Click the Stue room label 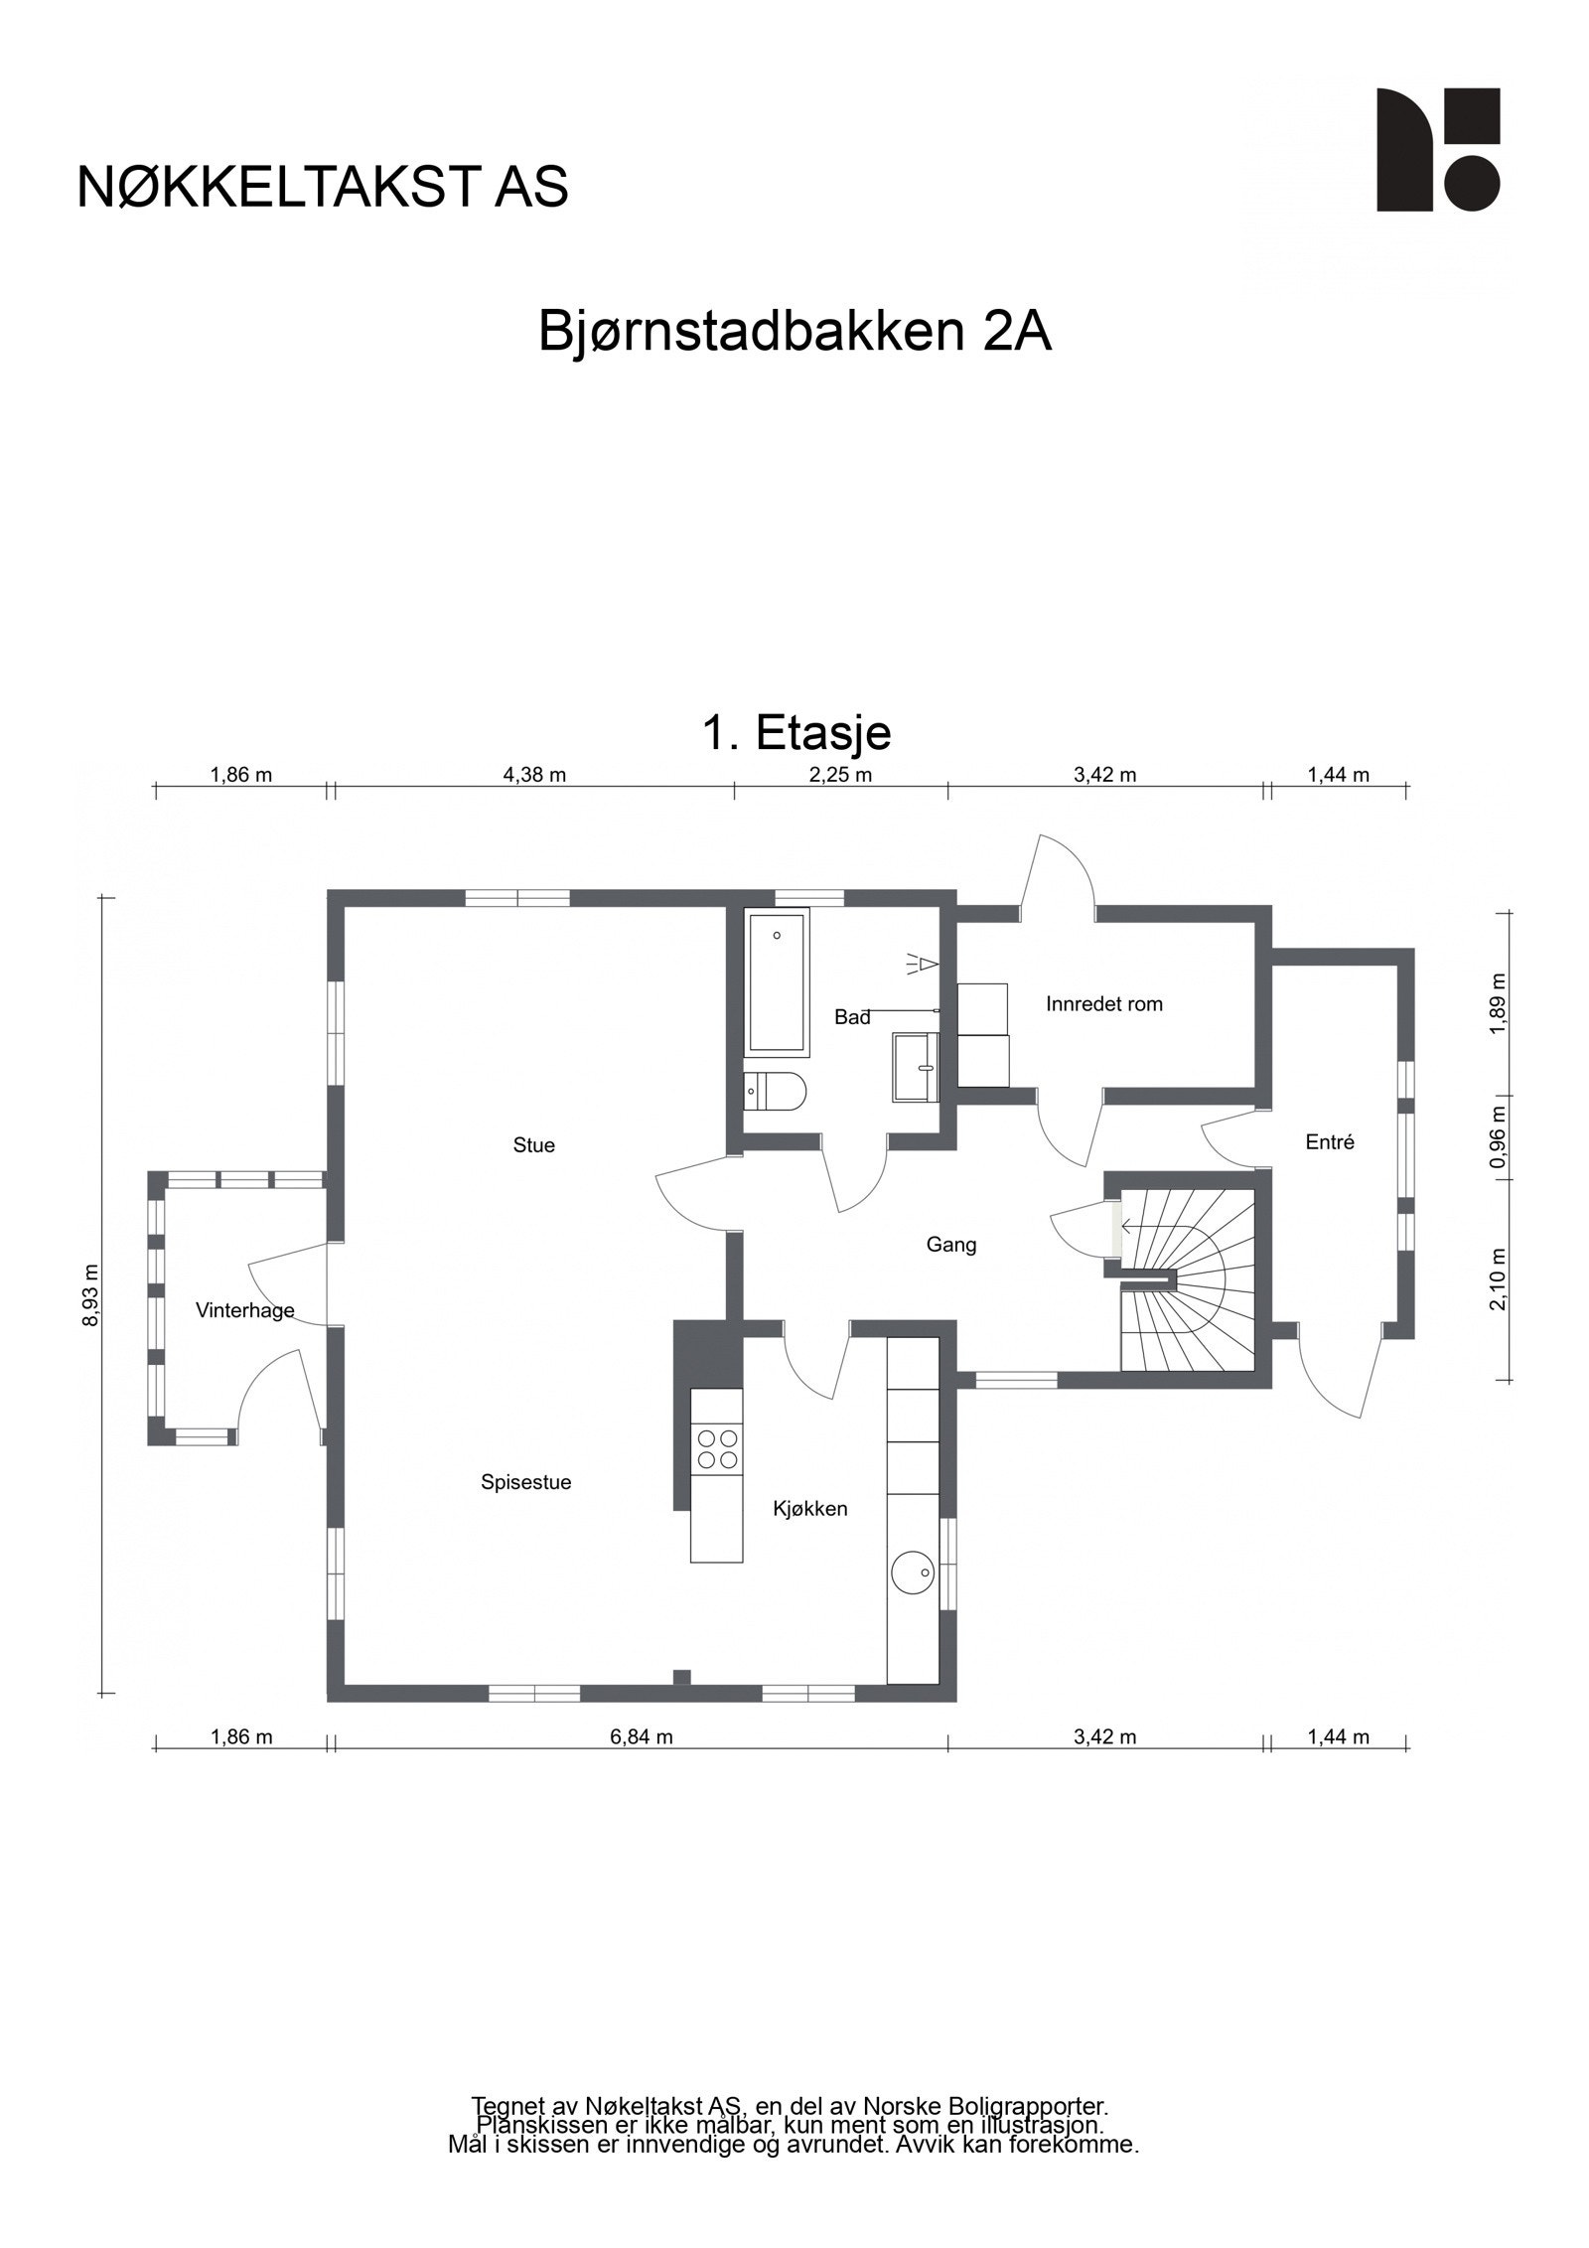coord(533,1145)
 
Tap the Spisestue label coord(525,1482)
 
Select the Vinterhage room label coord(244,1310)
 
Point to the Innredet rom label coord(1103,1004)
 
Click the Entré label coord(1330,1142)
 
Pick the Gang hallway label coord(951,1245)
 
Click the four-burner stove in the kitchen coord(717,1447)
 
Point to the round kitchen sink coord(912,1573)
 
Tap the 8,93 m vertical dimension coord(91,1295)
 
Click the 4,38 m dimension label coord(534,776)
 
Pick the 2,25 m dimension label coord(840,776)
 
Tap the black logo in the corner coord(1437,150)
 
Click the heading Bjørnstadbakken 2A coord(794,333)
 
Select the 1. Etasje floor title coord(796,733)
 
